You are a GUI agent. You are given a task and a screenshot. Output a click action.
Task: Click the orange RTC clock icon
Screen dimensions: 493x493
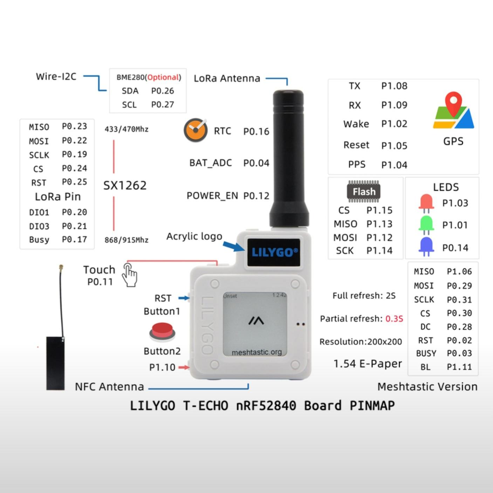195,130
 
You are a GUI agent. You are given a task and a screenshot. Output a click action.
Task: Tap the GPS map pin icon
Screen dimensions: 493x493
453,110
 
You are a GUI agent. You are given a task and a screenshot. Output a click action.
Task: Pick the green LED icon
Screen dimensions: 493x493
426,225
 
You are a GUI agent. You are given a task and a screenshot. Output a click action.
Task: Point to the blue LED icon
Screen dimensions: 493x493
426,246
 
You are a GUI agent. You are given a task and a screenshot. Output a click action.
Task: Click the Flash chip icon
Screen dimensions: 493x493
364,191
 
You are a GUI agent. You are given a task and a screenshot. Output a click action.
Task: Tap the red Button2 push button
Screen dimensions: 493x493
162,332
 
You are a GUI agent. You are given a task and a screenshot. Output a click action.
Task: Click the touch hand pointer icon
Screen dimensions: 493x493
130,275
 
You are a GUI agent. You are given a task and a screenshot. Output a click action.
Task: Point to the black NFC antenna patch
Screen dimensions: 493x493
55,363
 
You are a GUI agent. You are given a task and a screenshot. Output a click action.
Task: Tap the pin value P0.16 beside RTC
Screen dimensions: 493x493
256,131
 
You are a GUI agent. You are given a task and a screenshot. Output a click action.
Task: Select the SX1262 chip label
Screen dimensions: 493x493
125,185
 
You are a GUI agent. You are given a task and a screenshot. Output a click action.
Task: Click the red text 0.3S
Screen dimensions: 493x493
394,319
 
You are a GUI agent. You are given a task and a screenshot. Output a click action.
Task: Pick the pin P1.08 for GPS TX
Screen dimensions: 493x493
394,86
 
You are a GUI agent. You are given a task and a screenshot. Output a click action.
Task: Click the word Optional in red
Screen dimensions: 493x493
163,77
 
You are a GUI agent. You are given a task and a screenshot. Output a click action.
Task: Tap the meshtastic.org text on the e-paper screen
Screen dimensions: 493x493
256,352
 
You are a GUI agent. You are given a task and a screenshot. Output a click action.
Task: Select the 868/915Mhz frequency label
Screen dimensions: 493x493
126,240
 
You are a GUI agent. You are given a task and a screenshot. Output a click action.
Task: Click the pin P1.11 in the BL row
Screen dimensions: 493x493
459,367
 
